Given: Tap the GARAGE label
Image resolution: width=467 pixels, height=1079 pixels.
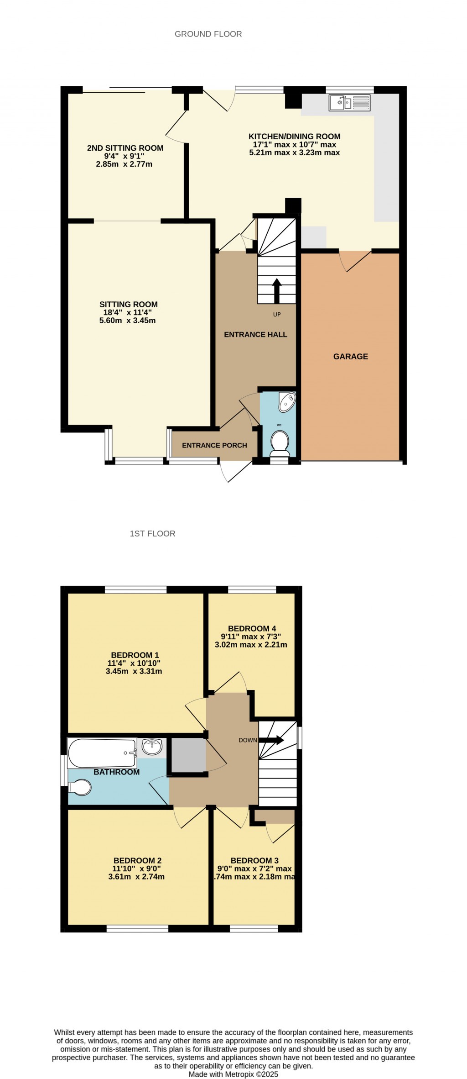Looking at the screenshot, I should tap(350, 356).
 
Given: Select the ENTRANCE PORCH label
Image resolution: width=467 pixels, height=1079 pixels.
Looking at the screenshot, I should tap(214, 445).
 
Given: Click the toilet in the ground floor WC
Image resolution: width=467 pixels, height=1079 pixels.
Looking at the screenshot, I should tap(280, 443).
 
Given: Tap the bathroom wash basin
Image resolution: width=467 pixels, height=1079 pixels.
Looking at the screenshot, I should tap(152, 747).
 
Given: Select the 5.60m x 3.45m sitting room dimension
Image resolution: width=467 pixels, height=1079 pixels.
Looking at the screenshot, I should tap(128, 321).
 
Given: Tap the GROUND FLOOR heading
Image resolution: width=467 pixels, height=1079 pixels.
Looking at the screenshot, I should tap(208, 34).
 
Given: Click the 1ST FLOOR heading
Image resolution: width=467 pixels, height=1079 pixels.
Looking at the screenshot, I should tap(152, 533).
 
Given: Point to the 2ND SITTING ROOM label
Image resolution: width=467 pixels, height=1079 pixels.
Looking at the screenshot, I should tap(125, 148).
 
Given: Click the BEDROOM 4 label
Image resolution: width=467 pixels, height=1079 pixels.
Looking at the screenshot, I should tap(252, 628).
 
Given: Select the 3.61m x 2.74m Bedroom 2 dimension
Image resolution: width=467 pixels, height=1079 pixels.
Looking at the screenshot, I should tap(137, 877).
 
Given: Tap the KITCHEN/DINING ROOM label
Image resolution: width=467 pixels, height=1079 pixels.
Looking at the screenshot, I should tap(294, 136).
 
